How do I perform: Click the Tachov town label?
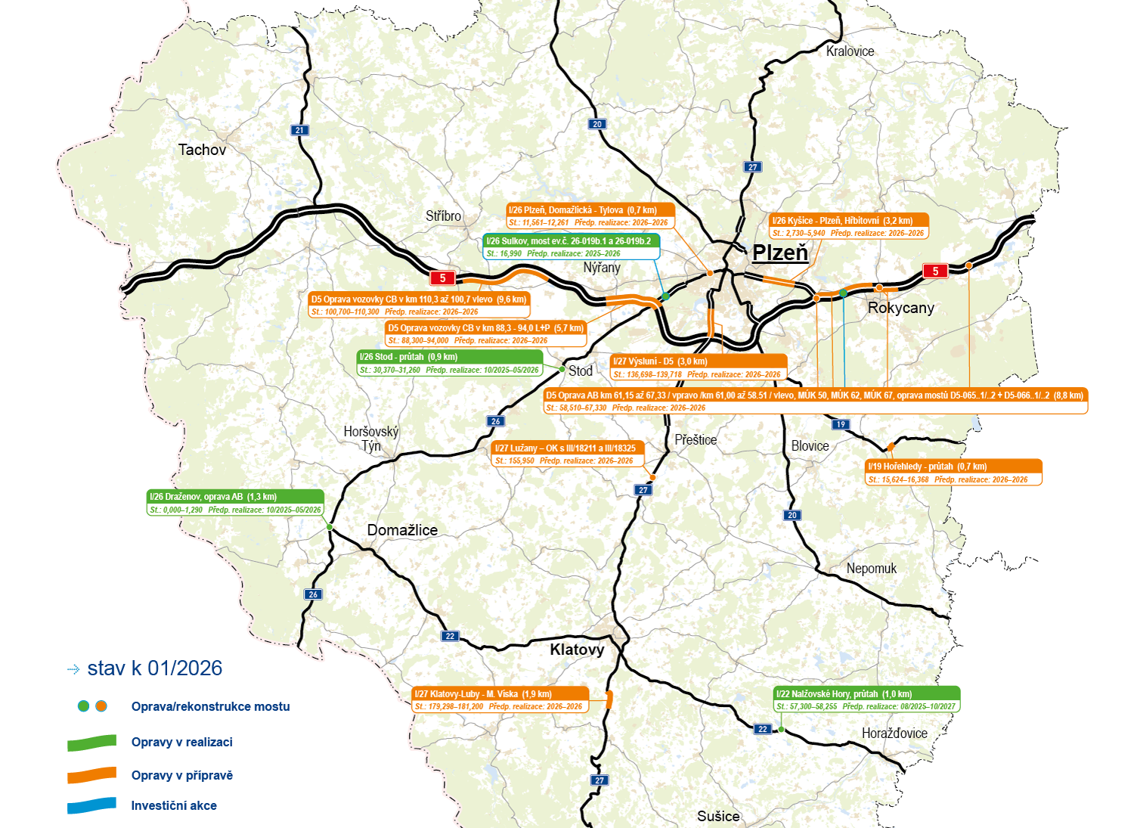point(202,150)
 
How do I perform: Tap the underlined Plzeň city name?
point(780,253)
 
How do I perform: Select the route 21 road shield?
point(299,130)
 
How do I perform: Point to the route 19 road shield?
point(841,424)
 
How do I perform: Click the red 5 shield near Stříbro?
point(442,278)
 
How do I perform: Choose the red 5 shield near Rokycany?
point(935,271)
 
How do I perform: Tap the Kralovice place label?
point(850,51)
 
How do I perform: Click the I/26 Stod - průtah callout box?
point(450,363)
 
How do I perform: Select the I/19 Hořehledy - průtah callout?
point(953,473)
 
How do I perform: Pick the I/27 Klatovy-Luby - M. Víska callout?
point(500,699)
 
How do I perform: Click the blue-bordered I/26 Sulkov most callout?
point(571,247)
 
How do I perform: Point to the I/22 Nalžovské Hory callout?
point(867,699)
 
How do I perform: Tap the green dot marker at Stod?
point(562,369)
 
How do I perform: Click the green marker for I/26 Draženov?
point(330,527)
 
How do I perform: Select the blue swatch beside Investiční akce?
point(91,806)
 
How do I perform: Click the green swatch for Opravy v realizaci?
point(91,743)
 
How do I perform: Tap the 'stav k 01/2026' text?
point(154,668)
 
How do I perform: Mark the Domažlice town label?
point(402,530)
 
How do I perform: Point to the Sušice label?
point(718,816)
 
